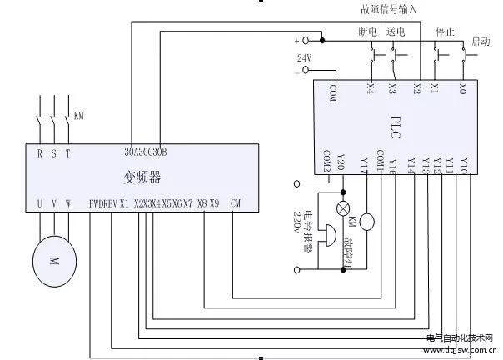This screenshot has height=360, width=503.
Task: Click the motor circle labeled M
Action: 53,260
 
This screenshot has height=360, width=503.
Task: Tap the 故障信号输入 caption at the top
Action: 388,9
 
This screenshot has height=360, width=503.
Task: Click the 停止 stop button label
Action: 445,31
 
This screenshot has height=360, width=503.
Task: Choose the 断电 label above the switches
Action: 367,31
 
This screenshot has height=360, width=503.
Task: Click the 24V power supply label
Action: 304,57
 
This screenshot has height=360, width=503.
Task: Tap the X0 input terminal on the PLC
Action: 462,87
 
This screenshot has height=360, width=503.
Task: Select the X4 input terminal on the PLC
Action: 370,87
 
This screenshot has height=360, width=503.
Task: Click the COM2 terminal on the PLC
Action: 328,161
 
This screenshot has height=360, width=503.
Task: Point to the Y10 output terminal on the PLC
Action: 464,161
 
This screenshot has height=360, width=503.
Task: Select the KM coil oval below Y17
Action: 367,222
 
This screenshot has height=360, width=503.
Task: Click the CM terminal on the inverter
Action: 236,203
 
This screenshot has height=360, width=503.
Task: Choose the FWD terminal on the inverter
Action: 96,203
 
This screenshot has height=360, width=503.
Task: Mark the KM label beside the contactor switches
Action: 80,115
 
